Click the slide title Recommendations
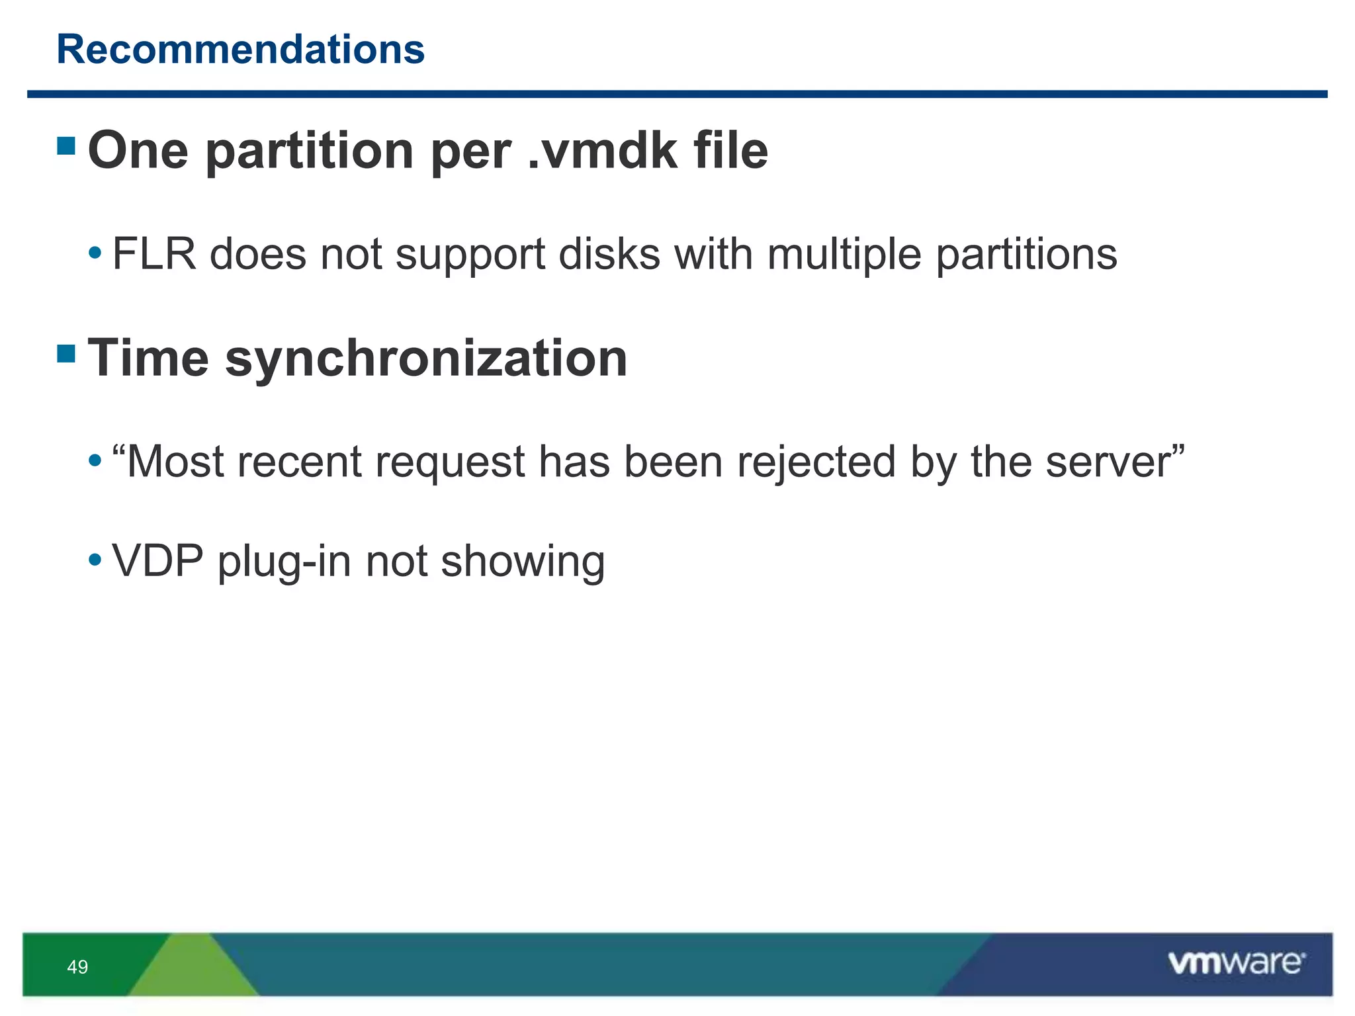(241, 50)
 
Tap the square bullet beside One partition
(66, 146)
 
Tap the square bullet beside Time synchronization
(66, 354)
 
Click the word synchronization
(426, 359)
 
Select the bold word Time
(149, 358)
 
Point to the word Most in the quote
(175, 461)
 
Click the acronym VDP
(158, 561)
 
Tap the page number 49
(77, 967)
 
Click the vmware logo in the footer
(1236, 963)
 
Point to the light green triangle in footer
(193, 969)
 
